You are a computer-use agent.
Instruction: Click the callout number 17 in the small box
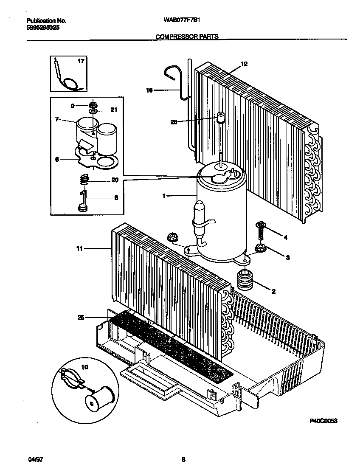[81, 61]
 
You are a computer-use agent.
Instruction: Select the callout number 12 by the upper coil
[244, 64]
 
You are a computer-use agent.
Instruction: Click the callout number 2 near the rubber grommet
[273, 291]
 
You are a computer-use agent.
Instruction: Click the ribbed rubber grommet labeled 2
[244, 280]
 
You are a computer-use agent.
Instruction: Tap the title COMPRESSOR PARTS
[187, 37]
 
